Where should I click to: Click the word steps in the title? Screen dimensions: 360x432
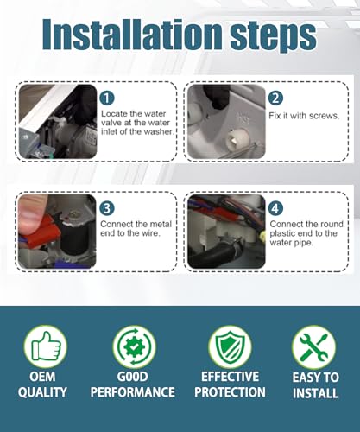click(273, 38)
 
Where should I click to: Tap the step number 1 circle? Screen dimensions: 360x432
click(107, 98)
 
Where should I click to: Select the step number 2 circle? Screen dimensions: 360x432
click(275, 98)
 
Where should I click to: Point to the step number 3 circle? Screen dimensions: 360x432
click(107, 208)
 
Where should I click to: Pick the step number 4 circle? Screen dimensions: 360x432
click(275, 208)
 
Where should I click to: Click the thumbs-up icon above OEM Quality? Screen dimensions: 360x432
click(46, 346)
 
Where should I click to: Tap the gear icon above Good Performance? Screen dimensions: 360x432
click(134, 346)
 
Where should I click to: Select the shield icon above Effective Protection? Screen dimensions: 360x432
click(230, 346)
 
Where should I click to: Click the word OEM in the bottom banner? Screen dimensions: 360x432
click(42, 377)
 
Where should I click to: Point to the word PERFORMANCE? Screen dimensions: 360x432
click(133, 392)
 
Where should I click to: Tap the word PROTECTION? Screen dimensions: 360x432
click(230, 392)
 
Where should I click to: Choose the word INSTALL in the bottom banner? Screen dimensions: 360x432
click(315, 393)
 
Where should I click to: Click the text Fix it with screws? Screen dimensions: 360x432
click(304, 116)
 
